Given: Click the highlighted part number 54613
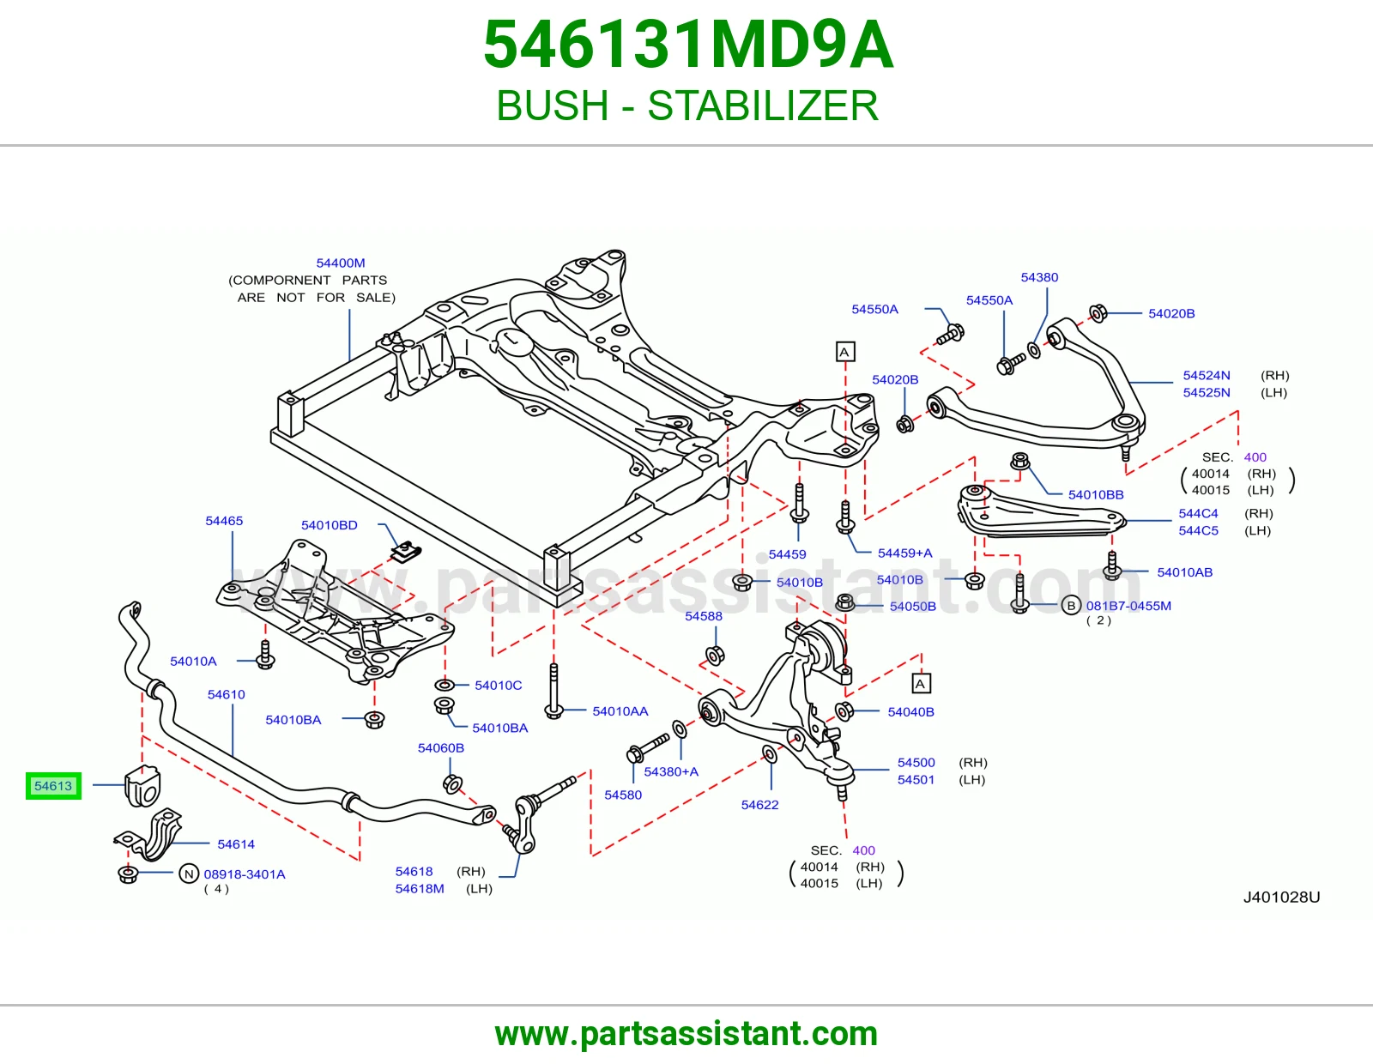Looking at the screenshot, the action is [53, 786].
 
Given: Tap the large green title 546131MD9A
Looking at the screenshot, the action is [688, 45].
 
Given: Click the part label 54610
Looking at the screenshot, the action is [227, 694].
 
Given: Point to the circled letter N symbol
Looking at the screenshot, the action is [189, 874].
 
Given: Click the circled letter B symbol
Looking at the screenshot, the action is [1071, 605].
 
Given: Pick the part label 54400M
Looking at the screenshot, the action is [341, 263].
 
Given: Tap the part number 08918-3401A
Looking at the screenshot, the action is [245, 874].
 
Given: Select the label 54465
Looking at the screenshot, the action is [224, 521].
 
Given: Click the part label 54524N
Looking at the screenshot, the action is [1207, 375].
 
